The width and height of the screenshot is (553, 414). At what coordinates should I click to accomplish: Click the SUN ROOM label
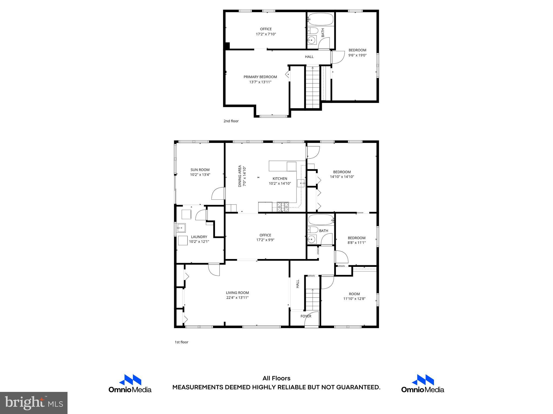click(x=200, y=170)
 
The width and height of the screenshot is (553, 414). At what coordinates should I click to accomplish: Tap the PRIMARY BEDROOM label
click(x=260, y=77)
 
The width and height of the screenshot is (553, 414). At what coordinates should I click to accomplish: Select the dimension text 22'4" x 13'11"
click(x=237, y=298)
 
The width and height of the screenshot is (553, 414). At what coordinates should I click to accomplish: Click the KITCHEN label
click(x=280, y=179)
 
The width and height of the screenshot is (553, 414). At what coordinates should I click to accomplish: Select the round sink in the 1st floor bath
click(x=312, y=239)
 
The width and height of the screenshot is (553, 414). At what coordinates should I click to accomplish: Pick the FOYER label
click(x=306, y=316)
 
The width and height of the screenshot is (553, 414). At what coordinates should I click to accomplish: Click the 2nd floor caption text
click(x=231, y=121)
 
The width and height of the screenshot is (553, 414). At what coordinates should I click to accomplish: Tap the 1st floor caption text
click(x=181, y=342)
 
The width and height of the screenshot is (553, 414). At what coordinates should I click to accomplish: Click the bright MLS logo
click(x=34, y=403)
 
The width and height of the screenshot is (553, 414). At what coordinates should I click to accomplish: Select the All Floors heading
click(x=276, y=378)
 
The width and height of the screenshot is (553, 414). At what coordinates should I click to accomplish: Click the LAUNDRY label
click(x=199, y=237)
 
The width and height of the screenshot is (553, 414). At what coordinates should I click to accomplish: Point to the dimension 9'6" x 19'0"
click(x=357, y=55)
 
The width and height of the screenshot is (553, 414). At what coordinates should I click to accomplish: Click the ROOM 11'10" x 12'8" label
click(x=354, y=294)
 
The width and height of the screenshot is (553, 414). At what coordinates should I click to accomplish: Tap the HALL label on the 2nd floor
click(x=309, y=57)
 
